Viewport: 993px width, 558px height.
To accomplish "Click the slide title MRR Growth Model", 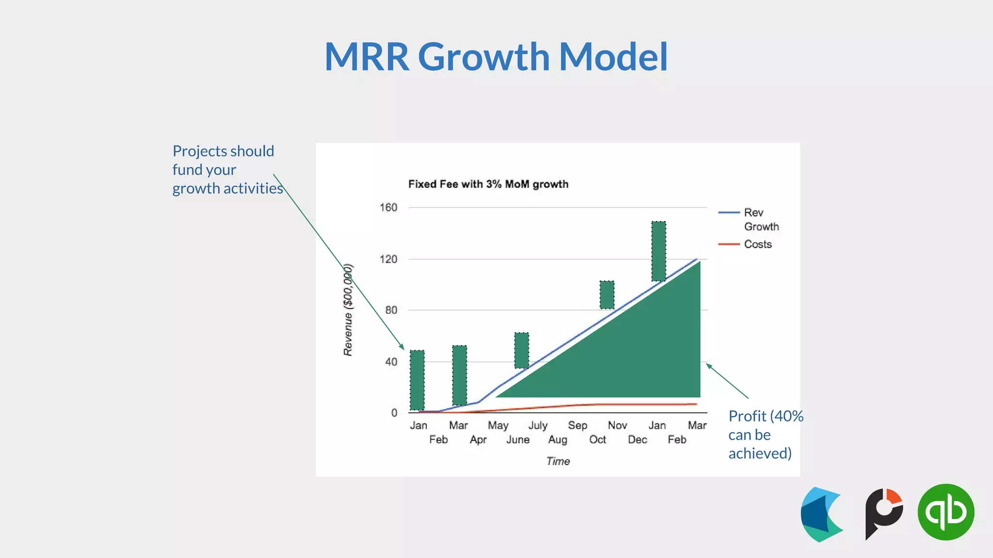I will click(x=496, y=57).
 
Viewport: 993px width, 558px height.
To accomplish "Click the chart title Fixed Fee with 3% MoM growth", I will click(x=488, y=184).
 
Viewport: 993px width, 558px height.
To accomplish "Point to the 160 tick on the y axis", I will click(x=388, y=207).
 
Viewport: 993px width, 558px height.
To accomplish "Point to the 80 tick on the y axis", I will click(x=391, y=310).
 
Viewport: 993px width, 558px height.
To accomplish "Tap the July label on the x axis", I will click(x=538, y=425).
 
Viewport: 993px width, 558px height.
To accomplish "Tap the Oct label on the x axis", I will click(x=597, y=439).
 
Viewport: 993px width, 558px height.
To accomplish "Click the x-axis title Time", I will click(x=558, y=461).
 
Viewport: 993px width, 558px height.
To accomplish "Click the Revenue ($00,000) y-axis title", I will click(x=348, y=310).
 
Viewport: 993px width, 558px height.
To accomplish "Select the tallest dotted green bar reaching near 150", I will click(x=658, y=251).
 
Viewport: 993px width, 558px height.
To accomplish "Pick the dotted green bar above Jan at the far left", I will click(x=417, y=380).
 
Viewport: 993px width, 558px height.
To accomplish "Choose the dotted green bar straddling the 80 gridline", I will click(x=607, y=294).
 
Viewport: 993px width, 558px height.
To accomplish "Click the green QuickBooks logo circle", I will click(x=945, y=512).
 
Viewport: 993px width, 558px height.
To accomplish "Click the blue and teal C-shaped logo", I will click(x=821, y=514).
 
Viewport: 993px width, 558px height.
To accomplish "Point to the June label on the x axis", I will click(x=518, y=439).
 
